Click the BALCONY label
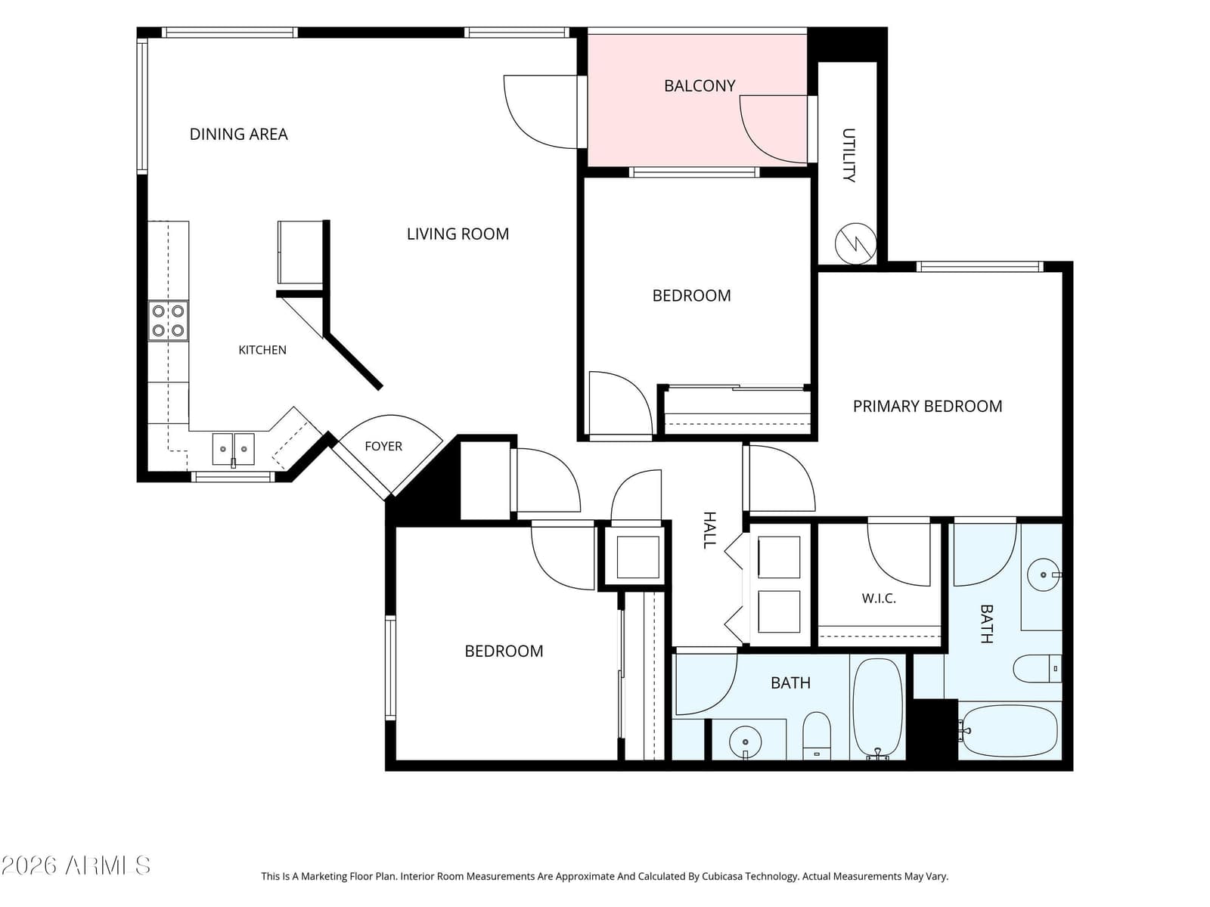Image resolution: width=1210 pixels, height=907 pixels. pos(699,86)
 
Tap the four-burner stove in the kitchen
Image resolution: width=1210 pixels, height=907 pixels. pos(168,320)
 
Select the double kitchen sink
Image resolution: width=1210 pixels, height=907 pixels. pos(233,449)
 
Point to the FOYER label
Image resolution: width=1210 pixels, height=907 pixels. pos(383,446)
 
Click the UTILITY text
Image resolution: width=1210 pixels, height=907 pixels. pos(849,155)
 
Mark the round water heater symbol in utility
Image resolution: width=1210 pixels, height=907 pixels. pos(855,243)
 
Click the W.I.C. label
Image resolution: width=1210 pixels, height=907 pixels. pos(879,598)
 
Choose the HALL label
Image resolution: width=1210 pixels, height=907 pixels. pos(709,530)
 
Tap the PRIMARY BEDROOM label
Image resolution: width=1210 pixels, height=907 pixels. pos(927,407)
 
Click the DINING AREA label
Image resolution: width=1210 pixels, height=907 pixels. pos(238,135)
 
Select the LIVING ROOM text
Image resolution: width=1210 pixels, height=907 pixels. pos(458,234)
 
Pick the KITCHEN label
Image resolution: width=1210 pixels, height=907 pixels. pos(262,350)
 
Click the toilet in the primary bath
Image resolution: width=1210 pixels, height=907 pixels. pos(1037,669)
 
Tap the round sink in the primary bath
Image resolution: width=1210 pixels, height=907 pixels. pos(1044,575)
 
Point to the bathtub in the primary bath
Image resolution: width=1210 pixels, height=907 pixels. pos(1008,731)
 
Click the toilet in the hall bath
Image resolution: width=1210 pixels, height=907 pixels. pos(817,735)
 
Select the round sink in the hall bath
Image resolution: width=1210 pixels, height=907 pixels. pos(746,741)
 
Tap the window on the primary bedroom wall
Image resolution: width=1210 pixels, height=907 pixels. pos(980,267)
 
